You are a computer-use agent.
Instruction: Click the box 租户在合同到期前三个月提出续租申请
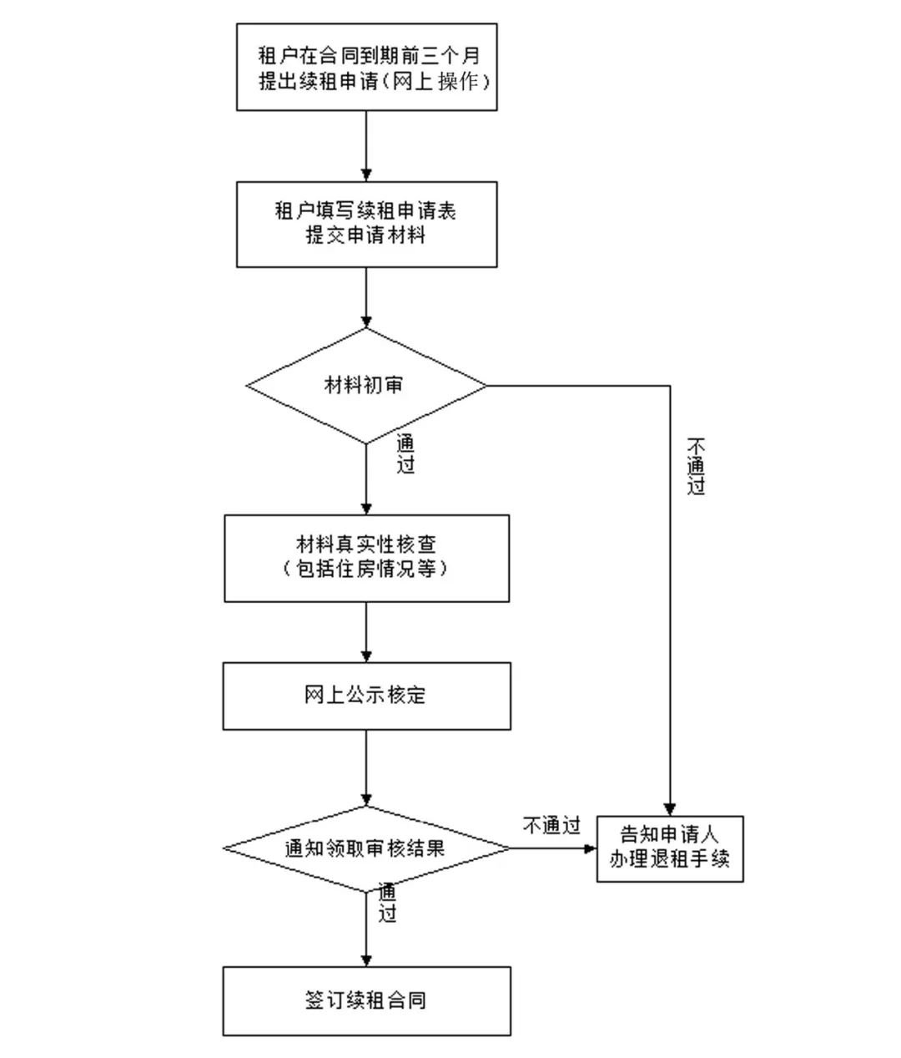(x=367, y=67)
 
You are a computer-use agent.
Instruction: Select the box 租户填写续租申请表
(x=367, y=224)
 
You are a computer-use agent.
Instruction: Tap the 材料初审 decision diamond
(x=365, y=385)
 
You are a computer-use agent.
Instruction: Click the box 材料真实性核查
(x=366, y=557)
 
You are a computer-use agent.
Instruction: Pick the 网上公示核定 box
(x=366, y=696)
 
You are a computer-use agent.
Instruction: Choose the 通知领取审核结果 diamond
(x=365, y=848)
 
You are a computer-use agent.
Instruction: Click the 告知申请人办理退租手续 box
(x=670, y=847)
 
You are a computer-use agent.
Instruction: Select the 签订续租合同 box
(x=366, y=1000)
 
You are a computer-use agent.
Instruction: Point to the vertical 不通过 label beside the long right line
(x=696, y=465)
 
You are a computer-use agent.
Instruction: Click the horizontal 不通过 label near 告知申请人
(x=551, y=827)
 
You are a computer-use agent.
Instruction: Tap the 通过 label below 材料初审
(x=405, y=454)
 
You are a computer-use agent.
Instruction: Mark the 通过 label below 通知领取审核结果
(x=387, y=902)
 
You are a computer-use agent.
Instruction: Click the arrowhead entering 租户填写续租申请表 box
(x=366, y=175)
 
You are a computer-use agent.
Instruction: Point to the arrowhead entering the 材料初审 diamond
(x=366, y=321)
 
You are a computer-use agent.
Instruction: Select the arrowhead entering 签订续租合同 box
(x=366, y=959)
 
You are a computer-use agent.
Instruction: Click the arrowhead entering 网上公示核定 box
(x=366, y=656)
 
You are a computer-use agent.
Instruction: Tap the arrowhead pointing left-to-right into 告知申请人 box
(x=590, y=848)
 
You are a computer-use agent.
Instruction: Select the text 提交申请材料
(x=366, y=235)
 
